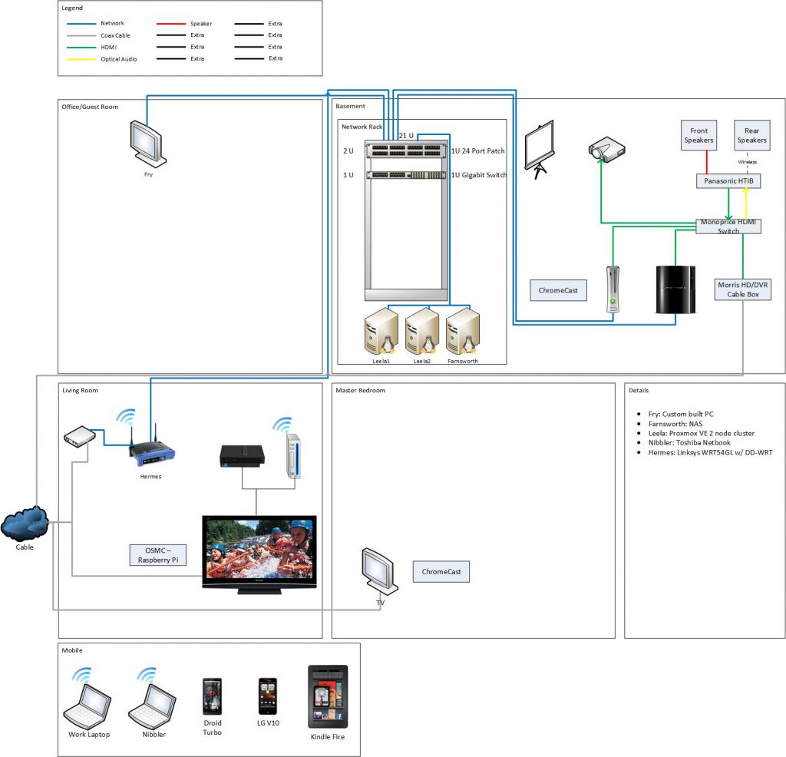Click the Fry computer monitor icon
147,143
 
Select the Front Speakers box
698,135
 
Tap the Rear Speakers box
751,135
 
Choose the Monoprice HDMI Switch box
728,226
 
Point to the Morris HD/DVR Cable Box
742,289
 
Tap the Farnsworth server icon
463,329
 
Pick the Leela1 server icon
381,329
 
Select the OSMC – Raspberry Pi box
158,555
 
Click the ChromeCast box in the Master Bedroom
441,572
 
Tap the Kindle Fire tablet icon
328,696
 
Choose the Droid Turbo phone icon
212,696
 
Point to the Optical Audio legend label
119,59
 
